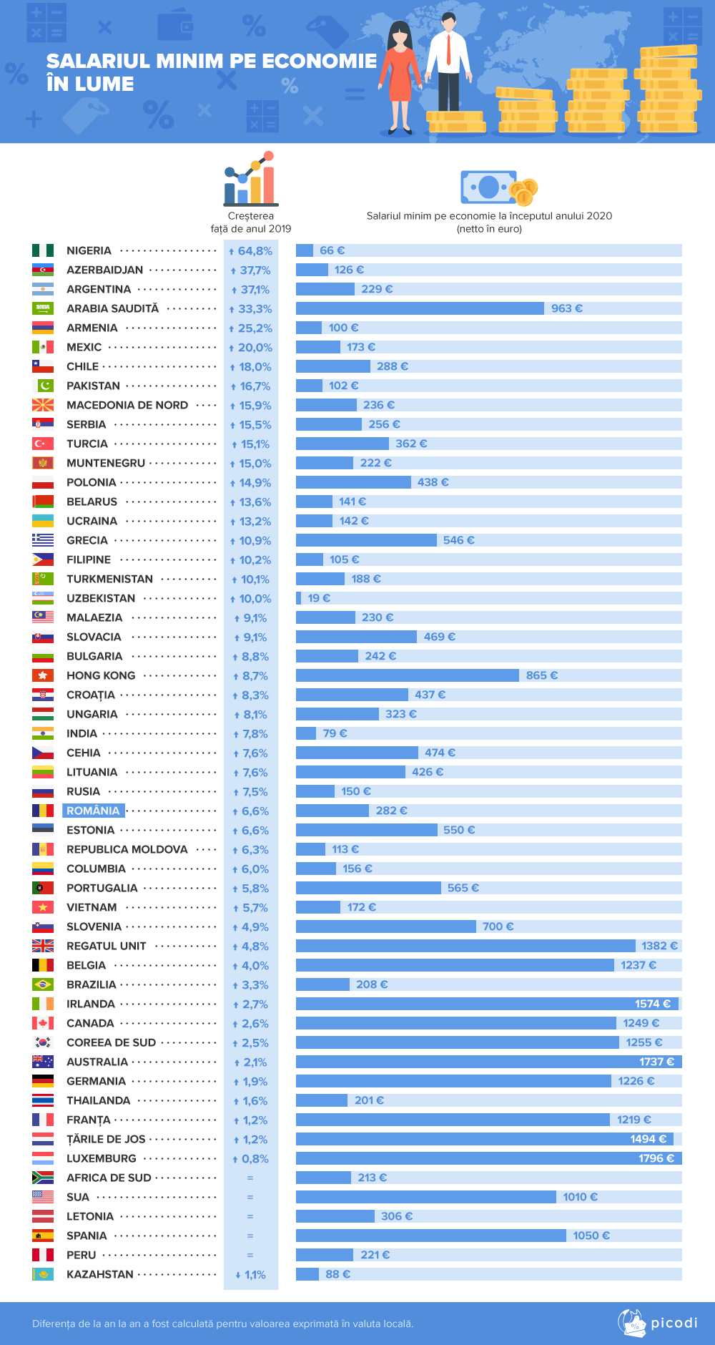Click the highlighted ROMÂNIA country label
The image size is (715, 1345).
(x=93, y=811)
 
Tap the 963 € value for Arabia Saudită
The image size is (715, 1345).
(x=566, y=308)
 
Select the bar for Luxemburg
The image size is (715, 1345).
(x=488, y=1158)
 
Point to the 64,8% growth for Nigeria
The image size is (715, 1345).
(x=251, y=251)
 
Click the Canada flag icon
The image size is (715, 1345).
(x=43, y=1023)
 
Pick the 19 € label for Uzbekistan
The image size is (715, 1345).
(x=319, y=598)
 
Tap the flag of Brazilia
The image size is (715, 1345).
(x=43, y=984)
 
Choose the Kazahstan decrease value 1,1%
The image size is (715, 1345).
(x=251, y=1275)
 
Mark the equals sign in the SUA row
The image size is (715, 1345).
(x=250, y=1197)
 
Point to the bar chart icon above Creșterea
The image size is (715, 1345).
(x=250, y=178)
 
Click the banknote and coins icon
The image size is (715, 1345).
(x=498, y=188)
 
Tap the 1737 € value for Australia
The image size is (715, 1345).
(x=656, y=1062)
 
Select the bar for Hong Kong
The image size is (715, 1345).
(x=408, y=675)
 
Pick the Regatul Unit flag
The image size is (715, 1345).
(x=43, y=946)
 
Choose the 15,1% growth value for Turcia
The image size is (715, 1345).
(x=251, y=444)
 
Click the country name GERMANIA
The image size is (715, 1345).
(x=96, y=1081)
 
